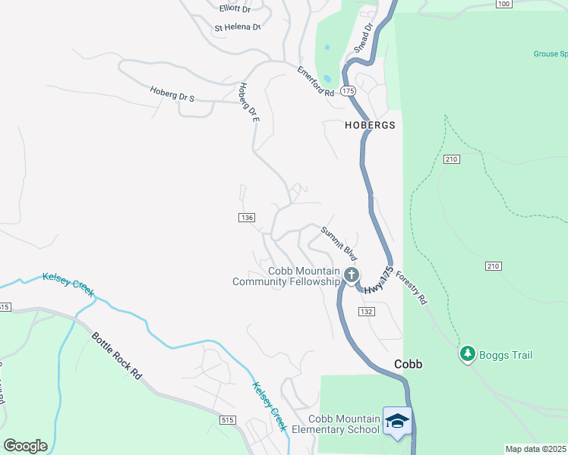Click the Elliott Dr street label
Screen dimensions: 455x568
point(234,8)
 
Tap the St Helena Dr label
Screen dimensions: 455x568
point(238,27)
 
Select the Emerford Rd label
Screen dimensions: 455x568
point(315,80)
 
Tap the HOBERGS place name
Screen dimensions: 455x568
point(371,126)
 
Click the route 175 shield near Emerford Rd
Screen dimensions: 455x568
point(348,91)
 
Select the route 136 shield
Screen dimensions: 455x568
point(245,218)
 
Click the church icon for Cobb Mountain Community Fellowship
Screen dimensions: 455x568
point(351,275)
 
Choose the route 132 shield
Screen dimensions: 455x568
point(368,312)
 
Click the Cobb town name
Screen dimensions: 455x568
point(408,364)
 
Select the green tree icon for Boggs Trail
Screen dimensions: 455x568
point(468,354)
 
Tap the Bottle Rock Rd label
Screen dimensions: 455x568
point(117,356)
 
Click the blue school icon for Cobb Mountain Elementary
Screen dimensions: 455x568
point(397,420)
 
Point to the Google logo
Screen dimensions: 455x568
point(25,446)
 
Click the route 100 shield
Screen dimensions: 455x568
point(503,4)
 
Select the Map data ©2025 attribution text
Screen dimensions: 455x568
point(535,450)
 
